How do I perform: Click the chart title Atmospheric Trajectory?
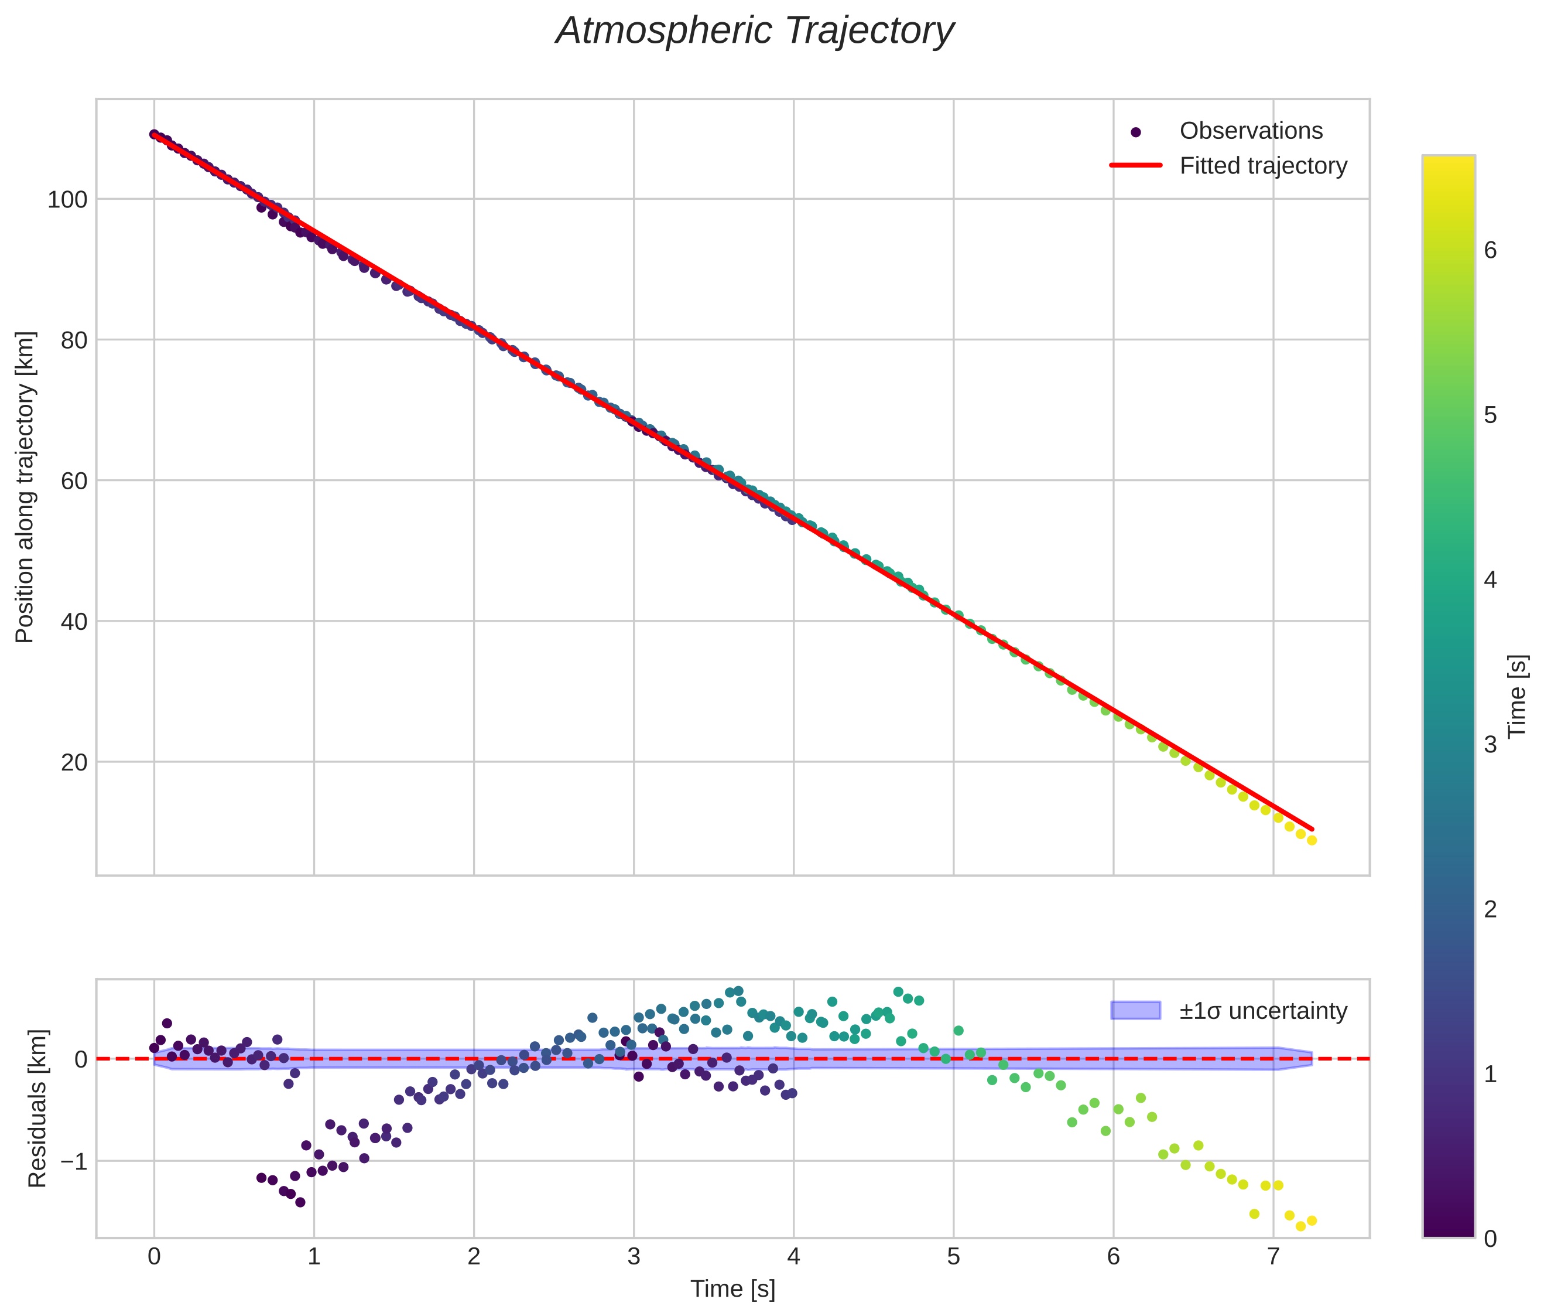[754, 31]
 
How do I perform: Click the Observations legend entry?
[1251, 131]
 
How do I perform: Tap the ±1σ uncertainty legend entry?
[1263, 1011]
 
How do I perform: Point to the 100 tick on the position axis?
[67, 200]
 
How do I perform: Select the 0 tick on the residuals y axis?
[80, 1059]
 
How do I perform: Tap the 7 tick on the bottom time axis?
[1273, 1257]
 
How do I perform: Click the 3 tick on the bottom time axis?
[634, 1257]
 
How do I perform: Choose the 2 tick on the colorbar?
[1490, 909]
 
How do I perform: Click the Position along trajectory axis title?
[25, 487]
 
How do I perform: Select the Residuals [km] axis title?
[37, 1109]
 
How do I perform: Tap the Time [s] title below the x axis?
[732, 1289]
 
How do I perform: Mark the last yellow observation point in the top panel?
[1312, 840]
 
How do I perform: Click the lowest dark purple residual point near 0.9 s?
[300, 1202]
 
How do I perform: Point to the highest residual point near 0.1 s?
[167, 1023]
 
